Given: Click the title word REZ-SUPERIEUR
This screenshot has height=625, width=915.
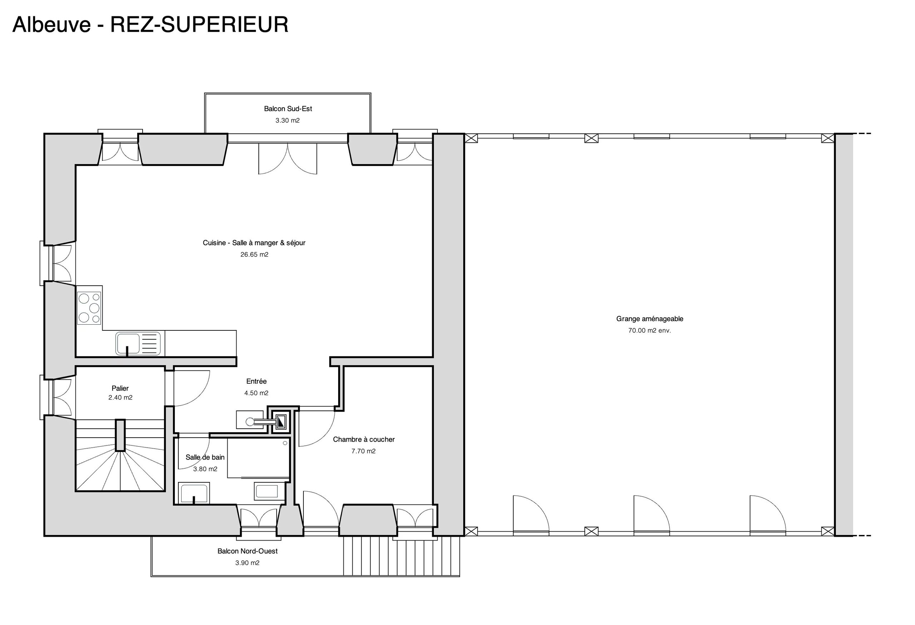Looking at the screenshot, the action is [x=199, y=25].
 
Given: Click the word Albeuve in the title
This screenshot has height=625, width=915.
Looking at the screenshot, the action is [x=51, y=25].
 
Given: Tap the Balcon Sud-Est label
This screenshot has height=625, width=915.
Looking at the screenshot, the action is [x=288, y=109].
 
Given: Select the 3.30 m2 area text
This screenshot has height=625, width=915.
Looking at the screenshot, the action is [x=287, y=120].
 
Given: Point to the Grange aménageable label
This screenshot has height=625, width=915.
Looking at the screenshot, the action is [x=650, y=319].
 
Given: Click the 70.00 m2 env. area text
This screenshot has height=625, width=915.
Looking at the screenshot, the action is [x=650, y=330].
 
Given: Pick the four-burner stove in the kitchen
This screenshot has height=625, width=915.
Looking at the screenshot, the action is [x=89, y=308].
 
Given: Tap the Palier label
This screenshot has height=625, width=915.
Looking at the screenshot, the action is [x=120, y=388].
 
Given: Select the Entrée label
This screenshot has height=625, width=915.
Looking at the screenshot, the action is [x=256, y=381].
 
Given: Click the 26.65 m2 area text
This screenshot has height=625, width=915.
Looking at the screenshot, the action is [x=254, y=255].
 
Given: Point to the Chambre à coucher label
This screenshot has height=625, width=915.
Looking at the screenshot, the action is [x=364, y=439].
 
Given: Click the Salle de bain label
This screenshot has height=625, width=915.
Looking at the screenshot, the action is [x=205, y=457].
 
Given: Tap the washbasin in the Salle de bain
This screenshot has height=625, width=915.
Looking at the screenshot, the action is [x=194, y=493].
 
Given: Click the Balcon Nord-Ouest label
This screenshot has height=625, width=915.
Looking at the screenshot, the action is [x=247, y=551].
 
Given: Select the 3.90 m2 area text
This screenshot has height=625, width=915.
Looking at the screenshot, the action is [x=247, y=563].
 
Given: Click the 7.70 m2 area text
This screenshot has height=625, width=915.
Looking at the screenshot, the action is [x=363, y=451].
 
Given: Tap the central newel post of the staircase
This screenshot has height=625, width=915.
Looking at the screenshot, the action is [x=120, y=435].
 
